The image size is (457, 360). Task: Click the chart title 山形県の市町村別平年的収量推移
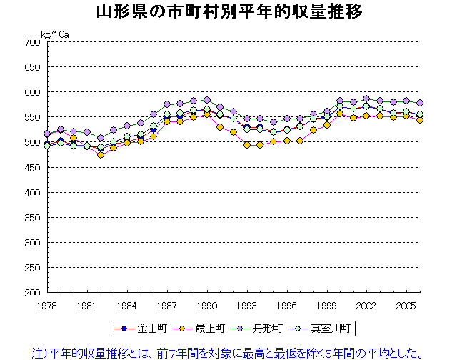tap(228, 11)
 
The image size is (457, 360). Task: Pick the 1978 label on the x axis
tap(48, 305)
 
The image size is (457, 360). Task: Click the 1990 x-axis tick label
tap(207, 305)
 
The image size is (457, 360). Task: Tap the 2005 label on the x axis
tap(406, 305)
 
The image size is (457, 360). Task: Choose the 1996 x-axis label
tap(287, 305)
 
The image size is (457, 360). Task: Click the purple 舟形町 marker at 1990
tap(207, 100)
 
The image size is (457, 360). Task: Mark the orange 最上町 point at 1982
tap(101, 154)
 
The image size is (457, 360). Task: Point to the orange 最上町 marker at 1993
tap(247, 144)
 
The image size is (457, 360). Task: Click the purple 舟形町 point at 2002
tap(366, 99)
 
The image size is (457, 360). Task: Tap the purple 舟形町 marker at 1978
tap(48, 134)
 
